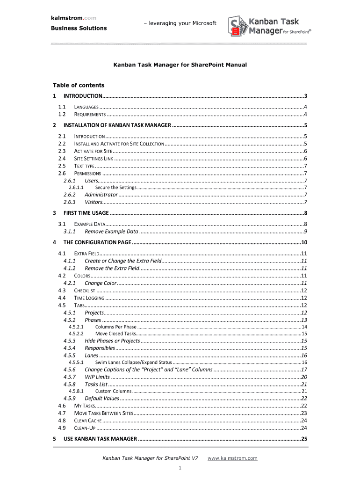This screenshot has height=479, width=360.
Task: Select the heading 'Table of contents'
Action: tap(78, 85)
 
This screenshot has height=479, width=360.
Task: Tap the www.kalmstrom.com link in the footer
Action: tap(232, 458)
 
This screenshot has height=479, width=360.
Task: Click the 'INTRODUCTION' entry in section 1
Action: tap(83, 96)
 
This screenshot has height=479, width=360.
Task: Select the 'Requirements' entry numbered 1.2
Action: tap(90, 114)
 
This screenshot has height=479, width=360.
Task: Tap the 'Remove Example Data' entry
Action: tap(111, 232)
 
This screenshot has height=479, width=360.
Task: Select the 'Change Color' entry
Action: tap(100, 283)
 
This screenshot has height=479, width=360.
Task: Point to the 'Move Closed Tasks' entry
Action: tap(115, 334)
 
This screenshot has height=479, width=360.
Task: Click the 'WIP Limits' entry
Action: tap(97, 377)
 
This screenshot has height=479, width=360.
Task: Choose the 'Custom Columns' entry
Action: tap(113, 391)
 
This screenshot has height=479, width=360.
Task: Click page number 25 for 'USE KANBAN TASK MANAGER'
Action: tap(303, 439)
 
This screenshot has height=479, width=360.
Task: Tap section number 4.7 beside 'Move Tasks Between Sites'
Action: tap(62, 414)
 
